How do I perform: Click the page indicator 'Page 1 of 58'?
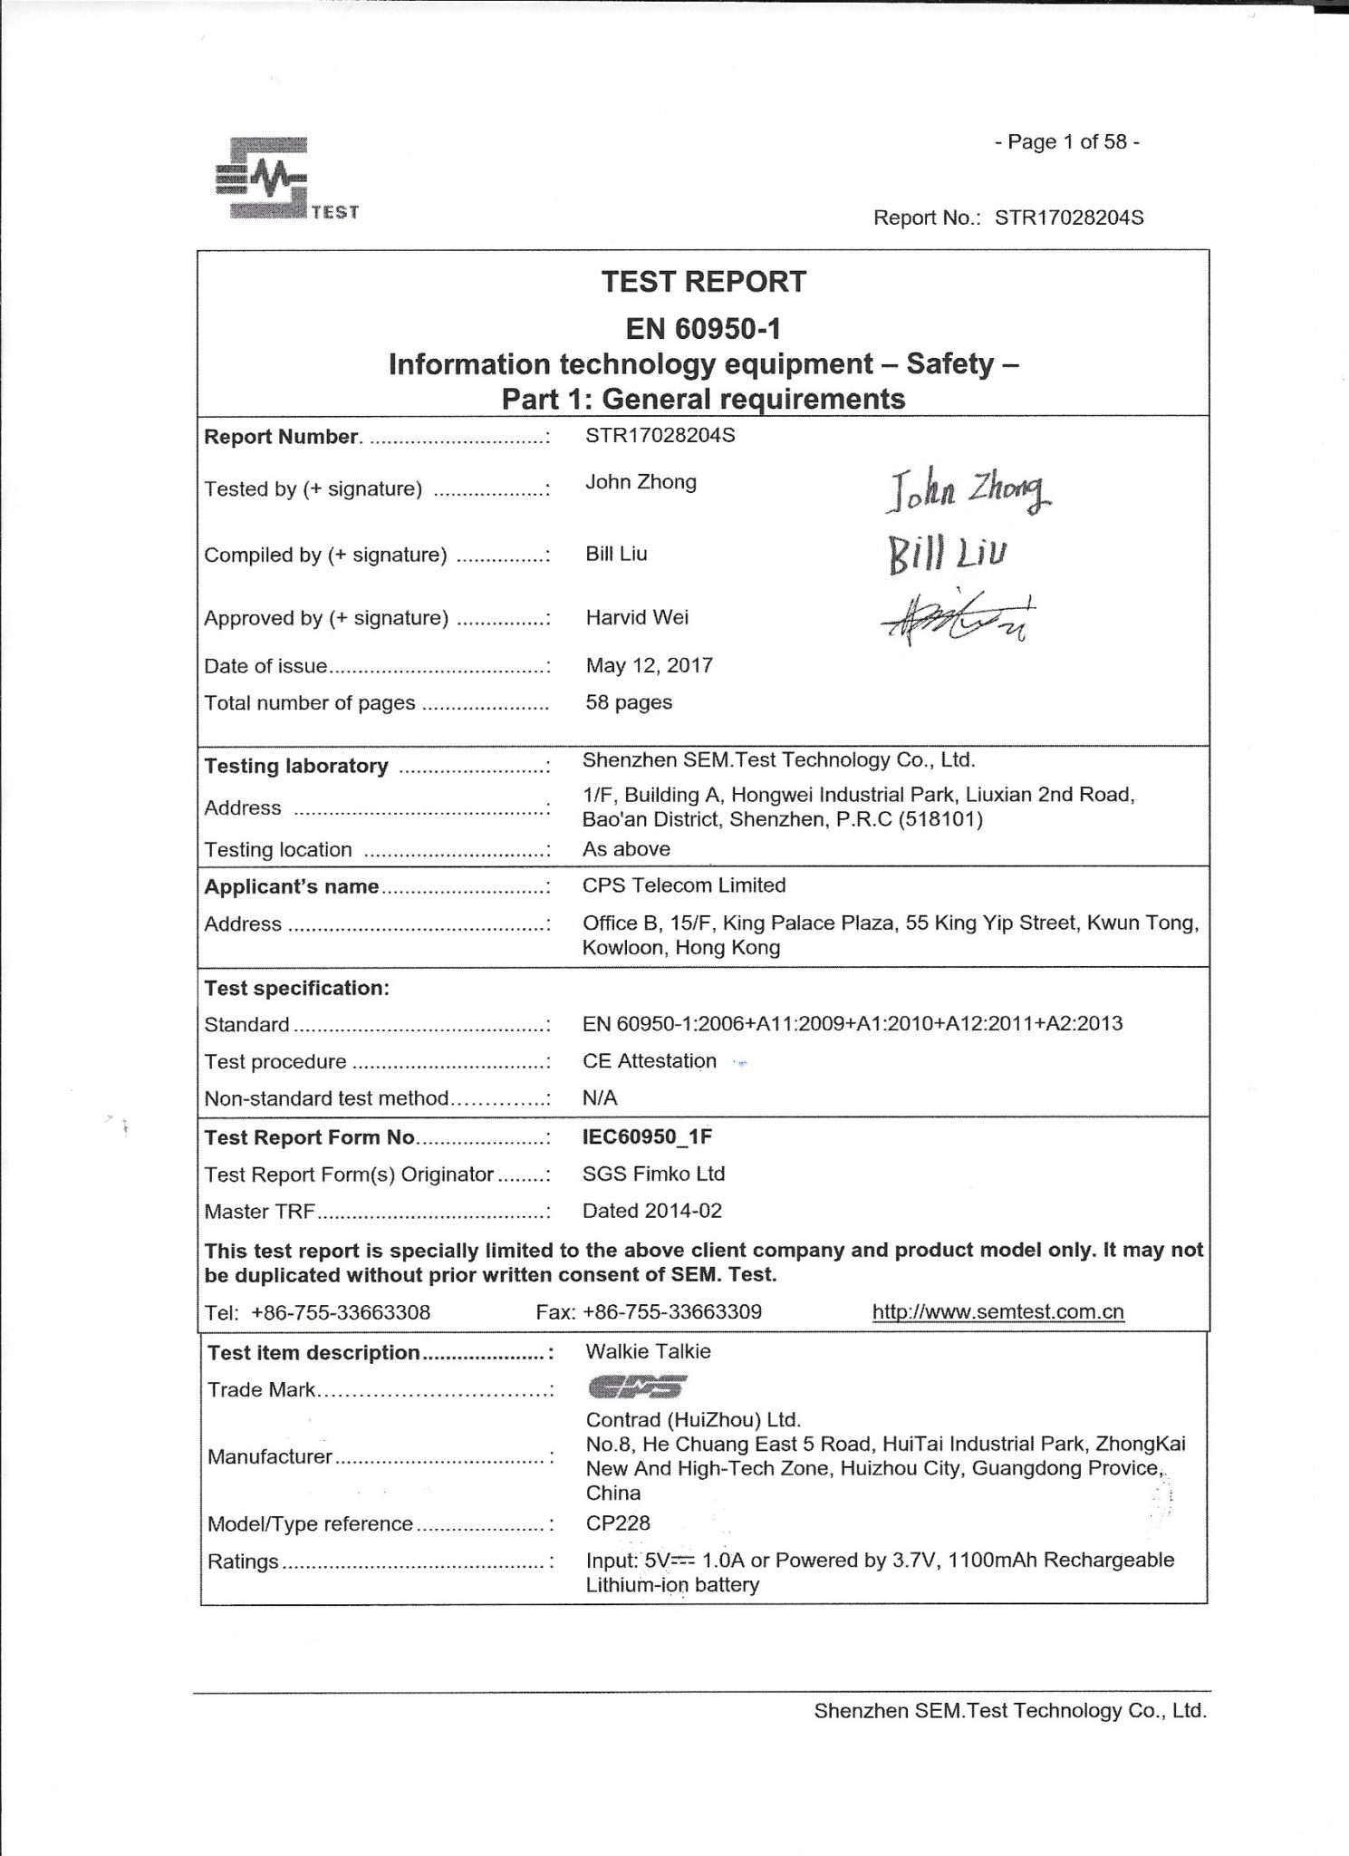point(1066,141)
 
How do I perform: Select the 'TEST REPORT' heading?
point(703,282)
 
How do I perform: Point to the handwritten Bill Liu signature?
point(949,553)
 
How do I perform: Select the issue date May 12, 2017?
point(649,665)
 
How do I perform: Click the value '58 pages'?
point(629,702)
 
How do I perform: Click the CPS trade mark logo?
point(637,1387)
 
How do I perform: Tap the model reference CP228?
point(618,1522)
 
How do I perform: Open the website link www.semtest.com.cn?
point(997,1311)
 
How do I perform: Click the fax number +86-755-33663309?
point(672,1311)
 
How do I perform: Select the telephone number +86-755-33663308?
point(341,1312)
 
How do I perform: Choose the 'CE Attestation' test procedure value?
point(650,1060)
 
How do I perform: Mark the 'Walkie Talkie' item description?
point(648,1351)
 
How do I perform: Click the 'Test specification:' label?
point(296,988)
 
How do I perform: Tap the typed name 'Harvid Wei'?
point(637,617)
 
